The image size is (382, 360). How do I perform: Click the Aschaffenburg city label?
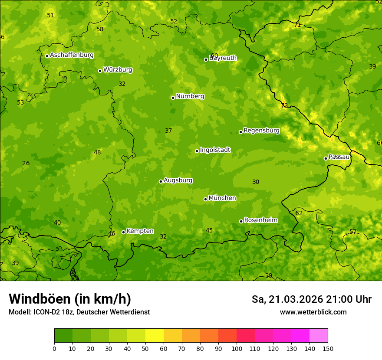72,55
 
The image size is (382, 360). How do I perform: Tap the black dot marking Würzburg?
100,71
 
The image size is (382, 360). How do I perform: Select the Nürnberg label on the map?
190,96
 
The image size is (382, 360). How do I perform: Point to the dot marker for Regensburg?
240,132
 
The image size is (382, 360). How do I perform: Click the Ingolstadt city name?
215,150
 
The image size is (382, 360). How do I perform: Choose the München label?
222,198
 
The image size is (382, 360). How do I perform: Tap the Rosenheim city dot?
241,222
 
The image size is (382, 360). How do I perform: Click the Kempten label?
140,231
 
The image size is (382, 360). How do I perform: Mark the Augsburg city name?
178,180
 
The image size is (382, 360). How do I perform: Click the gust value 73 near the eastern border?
284,105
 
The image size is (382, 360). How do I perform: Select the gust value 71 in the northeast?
297,25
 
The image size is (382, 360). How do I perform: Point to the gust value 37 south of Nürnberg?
168,131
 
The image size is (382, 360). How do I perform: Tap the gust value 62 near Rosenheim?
299,213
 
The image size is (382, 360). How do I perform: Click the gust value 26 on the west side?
26,163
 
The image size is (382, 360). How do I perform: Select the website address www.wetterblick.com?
313,312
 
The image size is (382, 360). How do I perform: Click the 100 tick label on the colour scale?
237,348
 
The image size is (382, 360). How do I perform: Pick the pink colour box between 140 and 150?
319,335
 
